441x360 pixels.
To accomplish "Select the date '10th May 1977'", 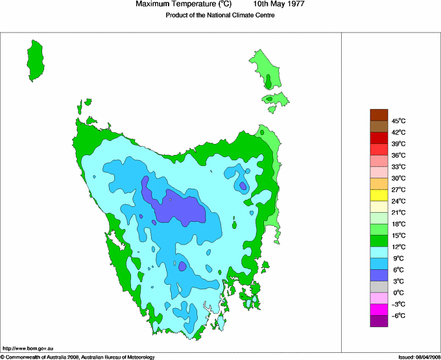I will [x=279, y=5].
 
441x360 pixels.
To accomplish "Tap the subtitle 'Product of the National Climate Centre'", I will [x=220, y=16].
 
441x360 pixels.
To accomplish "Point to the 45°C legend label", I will [x=398, y=121].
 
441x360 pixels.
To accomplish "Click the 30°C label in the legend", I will [x=398, y=178].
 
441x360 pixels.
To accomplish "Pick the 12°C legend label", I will [x=398, y=246].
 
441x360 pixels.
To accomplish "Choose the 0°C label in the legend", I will [x=398, y=293].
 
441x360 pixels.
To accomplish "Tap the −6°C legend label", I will [x=398, y=315].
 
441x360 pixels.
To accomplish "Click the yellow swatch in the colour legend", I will [x=379, y=195].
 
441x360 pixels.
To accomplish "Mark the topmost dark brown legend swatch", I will [x=379, y=115].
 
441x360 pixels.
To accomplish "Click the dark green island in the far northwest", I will [x=36, y=60].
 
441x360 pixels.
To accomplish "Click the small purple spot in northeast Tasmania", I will [x=243, y=186].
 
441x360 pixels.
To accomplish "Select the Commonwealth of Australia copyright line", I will [x=78, y=357].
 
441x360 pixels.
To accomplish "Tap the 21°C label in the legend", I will [x=398, y=212].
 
